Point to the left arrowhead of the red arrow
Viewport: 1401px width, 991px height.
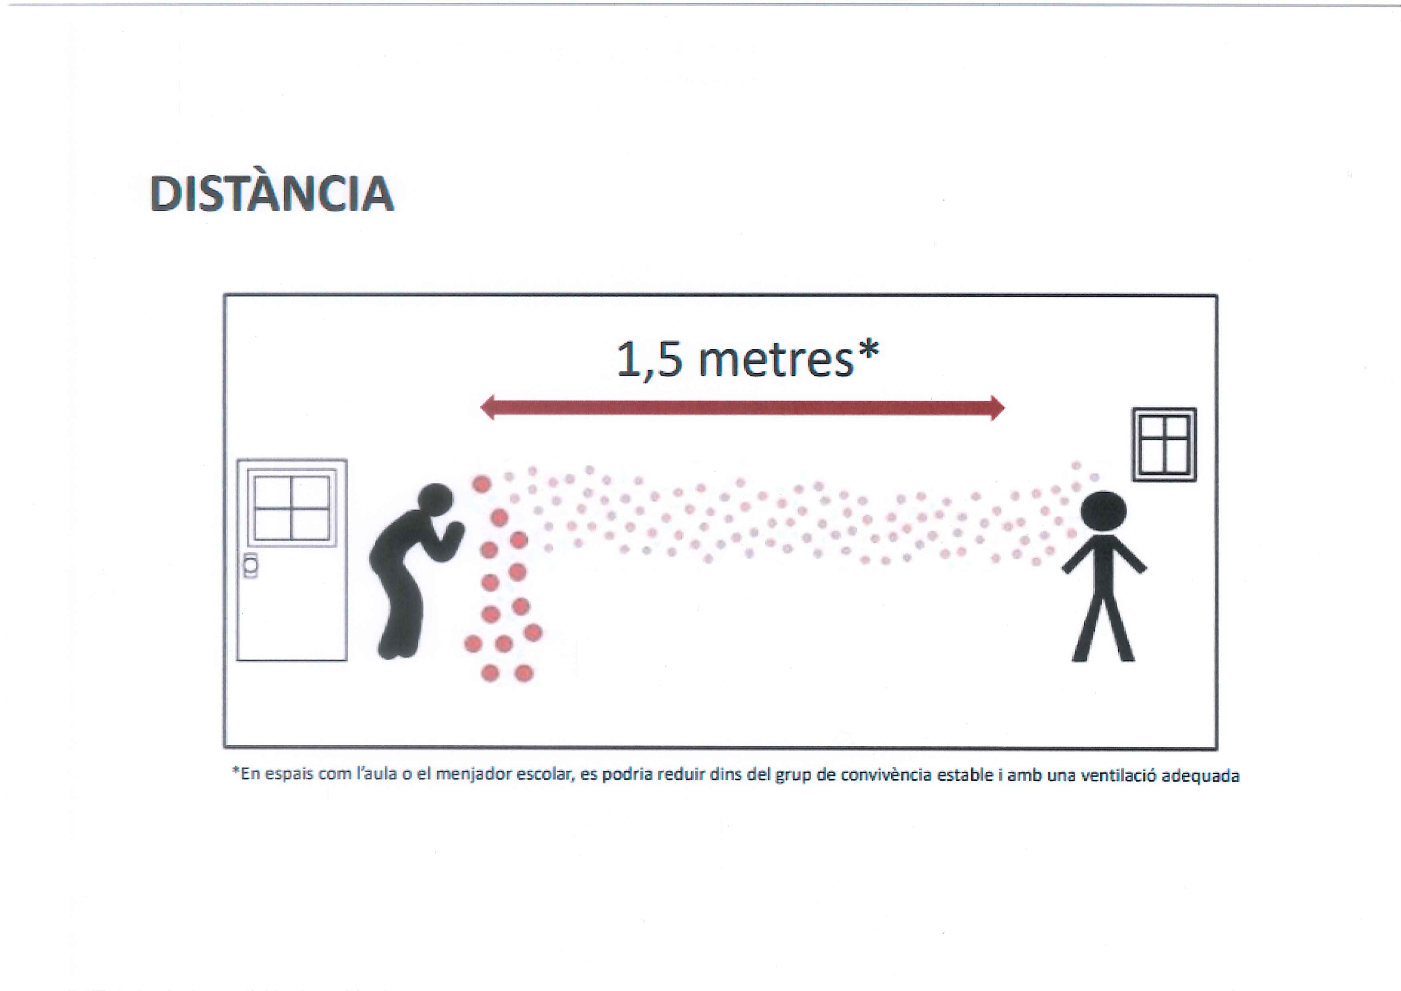pyautogui.click(x=488, y=408)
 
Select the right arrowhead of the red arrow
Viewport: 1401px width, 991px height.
pyautogui.click(x=997, y=408)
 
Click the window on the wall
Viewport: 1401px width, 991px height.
pyautogui.click(x=1164, y=444)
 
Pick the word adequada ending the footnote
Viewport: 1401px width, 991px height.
pyautogui.click(x=1200, y=776)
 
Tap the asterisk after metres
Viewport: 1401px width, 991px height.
pyautogui.click(x=868, y=350)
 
